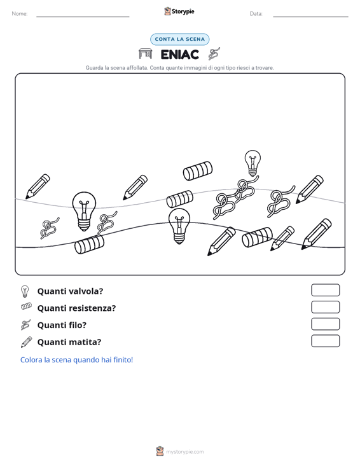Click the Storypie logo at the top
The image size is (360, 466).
tap(179, 11)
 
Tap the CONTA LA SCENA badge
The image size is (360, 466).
tap(179, 39)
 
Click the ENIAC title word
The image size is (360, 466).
tap(179, 55)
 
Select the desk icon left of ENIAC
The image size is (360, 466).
tap(146, 54)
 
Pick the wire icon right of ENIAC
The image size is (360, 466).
tap(214, 54)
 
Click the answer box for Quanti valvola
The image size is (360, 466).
tap(325, 290)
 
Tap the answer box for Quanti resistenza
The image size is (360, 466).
tap(325, 307)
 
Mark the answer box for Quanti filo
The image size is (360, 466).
tap(325, 324)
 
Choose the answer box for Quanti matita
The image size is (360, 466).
tap(325, 341)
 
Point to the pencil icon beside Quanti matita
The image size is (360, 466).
tap(26, 342)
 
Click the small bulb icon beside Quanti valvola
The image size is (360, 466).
tap(25, 291)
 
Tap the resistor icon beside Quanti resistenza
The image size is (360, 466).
tap(26, 306)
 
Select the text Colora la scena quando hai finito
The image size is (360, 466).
tap(76, 360)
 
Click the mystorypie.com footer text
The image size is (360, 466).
tap(184, 452)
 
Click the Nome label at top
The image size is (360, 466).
tap(20, 14)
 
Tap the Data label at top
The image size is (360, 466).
tap(256, 14)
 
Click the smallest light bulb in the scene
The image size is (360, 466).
tap(253, 163)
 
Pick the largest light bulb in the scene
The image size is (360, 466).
tap(84, 211)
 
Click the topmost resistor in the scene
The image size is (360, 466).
tap(197, 171)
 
